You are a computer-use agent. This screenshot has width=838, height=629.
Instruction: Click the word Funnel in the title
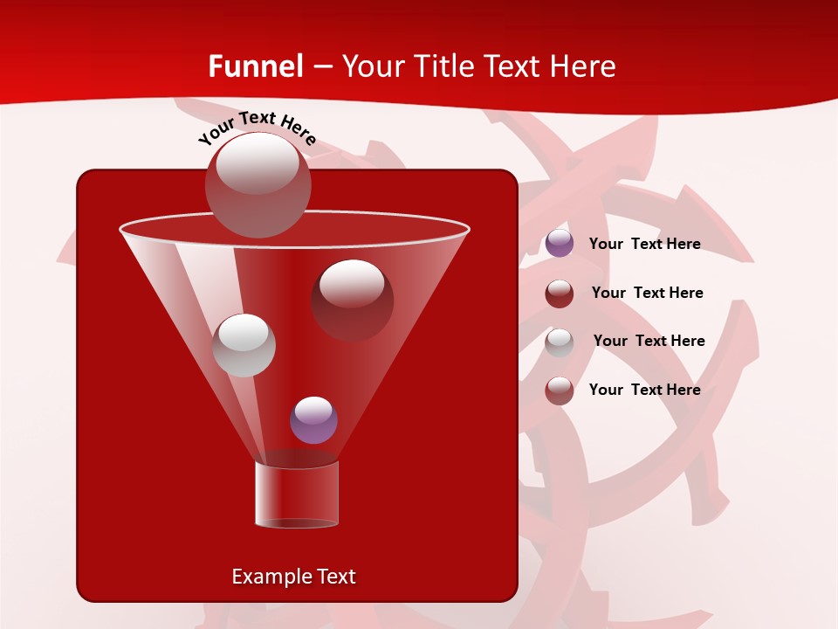pyautogui.click(x=255, y=66)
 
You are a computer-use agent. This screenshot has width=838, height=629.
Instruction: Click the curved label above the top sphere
pyautogui.click(x=257, y=128)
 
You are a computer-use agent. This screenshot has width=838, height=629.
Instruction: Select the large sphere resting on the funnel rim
pyautogui.click(x=258, y=184)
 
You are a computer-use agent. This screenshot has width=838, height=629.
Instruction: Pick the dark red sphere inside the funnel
pyautogui.click(x=352, y=300)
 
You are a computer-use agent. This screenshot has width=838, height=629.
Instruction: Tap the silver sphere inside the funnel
pyautogui.click(x=244, y=344)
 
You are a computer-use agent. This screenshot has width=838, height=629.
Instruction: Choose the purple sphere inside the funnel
pyautogui.click(x=313, y=419)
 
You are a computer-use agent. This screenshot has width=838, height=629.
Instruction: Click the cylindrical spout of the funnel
pyautogui.click(x=296, y=494)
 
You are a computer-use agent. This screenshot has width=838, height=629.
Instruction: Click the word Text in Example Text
pyautogui.click(x=335, y=577)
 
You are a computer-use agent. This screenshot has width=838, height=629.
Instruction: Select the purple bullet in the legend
pyautogui.click(x=560, y=244)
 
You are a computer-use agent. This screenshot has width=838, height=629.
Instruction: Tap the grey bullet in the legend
pyautogui.click(x=560, y=342)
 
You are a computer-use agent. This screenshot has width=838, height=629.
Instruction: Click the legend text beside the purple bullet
pyautogui.click(x=644, y=244)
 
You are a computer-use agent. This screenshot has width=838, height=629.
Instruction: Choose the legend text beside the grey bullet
pyautogui.click(x=649, y=341)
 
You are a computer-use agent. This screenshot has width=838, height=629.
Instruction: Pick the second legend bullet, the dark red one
pyautogui.click(x=560, y=294)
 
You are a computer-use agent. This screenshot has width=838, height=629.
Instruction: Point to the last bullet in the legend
pyautogui.click(x=560, y=391)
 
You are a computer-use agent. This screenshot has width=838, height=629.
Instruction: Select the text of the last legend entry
pyautogui.click(x=644, y=390)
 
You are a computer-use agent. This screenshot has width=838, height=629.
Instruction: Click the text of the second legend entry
pyautogui.click(x=647, y=293)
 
